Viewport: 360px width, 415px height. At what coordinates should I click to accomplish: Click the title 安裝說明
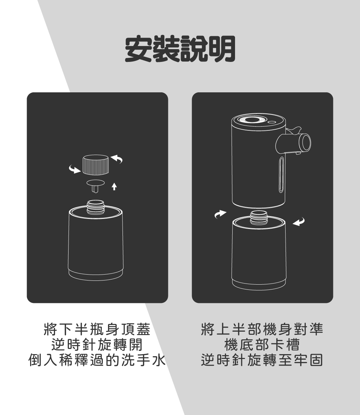tap(180, 49)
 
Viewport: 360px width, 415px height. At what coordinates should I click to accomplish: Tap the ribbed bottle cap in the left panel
tap(96, 165)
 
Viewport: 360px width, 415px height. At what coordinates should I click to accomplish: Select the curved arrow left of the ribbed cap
tap(75, 169)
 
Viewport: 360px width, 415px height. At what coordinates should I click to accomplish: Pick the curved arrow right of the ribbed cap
tap(117, 159)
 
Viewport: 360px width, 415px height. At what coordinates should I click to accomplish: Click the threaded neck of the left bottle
tap(96, 207)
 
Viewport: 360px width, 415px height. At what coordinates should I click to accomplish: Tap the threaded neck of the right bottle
tap(259, 218)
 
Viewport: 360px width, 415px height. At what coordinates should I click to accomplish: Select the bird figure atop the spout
tap(294, 131)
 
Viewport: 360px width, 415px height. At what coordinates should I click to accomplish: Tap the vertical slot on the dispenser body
tap(281, 174)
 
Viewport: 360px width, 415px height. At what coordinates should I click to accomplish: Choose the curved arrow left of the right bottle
tap(220, 214)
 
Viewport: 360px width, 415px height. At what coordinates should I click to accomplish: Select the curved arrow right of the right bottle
tap(299, 222)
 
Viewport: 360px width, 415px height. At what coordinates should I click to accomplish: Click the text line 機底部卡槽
tap(262, 345)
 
